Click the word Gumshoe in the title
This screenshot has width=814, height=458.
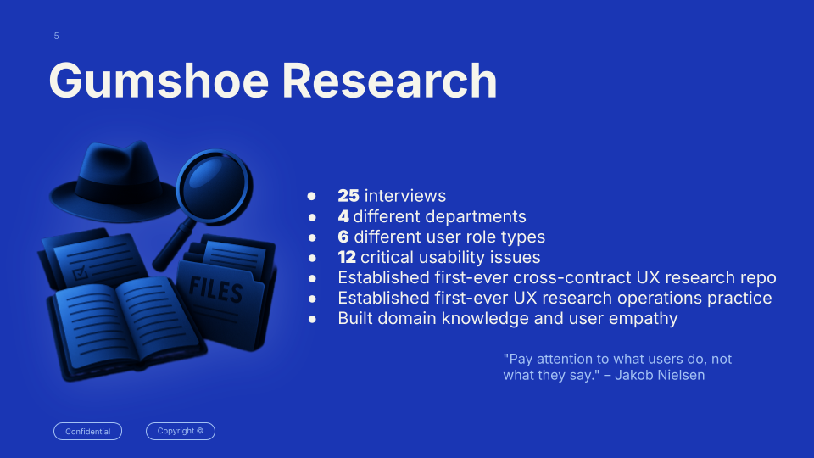click(x=159, y=81)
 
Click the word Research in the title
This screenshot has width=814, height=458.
click(x=389, y=81)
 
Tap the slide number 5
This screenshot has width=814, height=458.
click(x=57, y=36)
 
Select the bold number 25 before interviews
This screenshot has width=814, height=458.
click(x=348, y=196)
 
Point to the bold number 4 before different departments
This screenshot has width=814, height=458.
click(x=343, y=216)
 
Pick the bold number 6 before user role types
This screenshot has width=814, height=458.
click(x=343, y=237)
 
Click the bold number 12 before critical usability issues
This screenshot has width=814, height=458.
click(x=347, y=257)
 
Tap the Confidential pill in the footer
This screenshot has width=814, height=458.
click(x=87, y=432)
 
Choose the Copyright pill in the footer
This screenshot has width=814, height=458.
click(x=180, y=431)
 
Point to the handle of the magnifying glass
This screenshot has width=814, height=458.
click(x=173, y=245)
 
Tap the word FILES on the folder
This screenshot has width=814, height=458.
click(x=216, y=288)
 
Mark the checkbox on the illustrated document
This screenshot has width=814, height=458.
click(x=80, y=273)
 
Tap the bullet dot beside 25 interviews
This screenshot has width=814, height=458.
click(x=311, y=196)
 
